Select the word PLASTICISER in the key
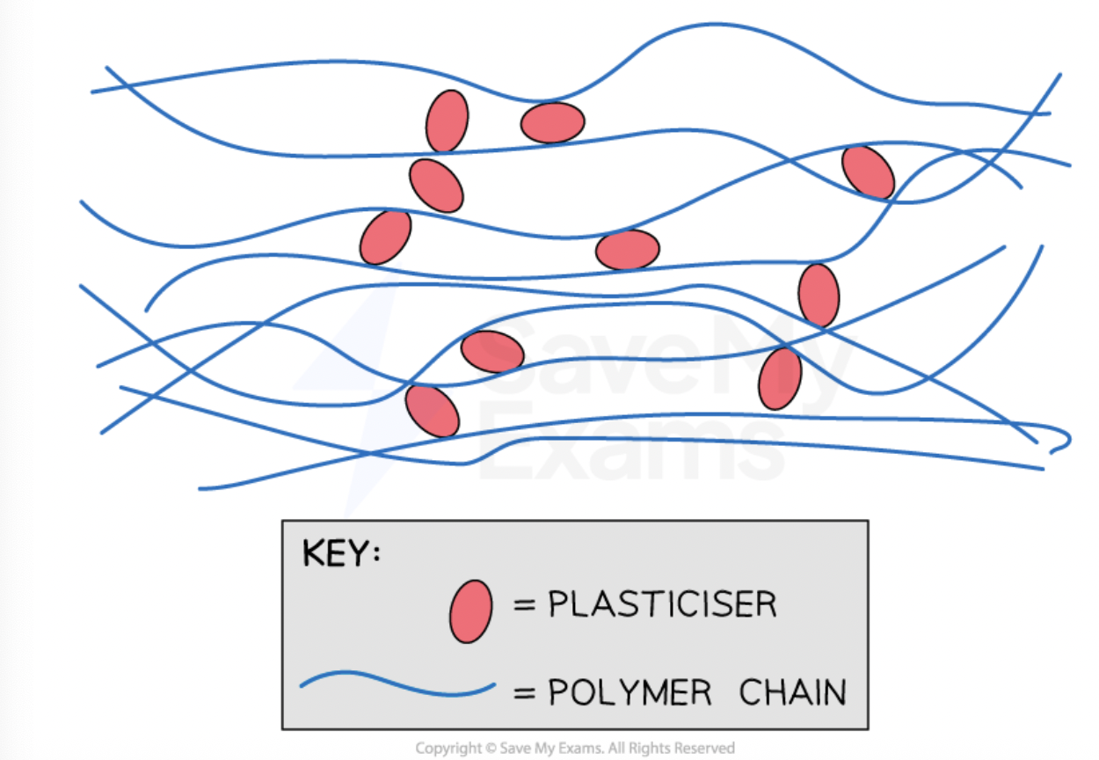click(663, 605)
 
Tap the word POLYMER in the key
click(630, 692)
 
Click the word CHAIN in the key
click(792, 692)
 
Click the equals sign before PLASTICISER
click(525, 606)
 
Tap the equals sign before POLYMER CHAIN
click(525, 693)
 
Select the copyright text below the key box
click(574, 748)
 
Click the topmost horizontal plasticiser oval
click(552, 122)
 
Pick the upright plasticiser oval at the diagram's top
click(448, 121)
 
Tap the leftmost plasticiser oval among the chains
click(385, 237)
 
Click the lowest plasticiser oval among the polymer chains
click(432, 411)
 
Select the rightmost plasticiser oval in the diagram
click(868, 172)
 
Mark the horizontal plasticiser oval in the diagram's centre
click(627, 250)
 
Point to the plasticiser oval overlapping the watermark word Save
click(492, 352)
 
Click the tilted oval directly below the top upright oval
click(436, 186)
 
